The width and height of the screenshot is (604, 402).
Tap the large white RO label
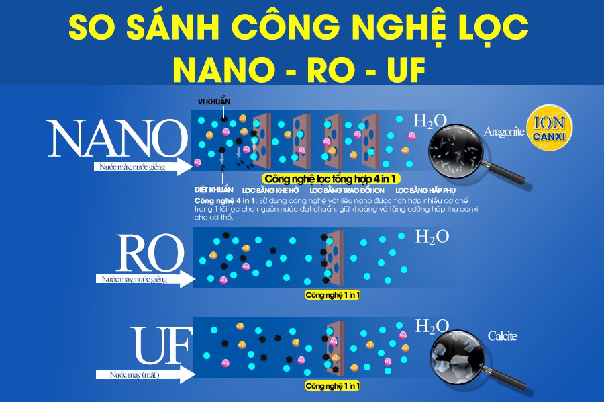150,253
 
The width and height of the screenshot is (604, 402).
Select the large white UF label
161,346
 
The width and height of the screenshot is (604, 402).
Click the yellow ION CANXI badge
549,127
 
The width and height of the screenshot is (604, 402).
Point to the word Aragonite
504,132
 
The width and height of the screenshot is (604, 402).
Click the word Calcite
502,336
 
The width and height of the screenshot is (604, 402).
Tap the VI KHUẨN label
214,102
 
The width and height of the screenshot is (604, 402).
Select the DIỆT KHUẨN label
214,190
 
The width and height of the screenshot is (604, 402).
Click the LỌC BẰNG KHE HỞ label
270,190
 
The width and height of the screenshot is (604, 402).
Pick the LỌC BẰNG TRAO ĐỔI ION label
347,190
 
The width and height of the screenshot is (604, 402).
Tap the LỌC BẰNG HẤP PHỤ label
425,190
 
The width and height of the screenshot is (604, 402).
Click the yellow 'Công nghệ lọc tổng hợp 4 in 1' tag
330,179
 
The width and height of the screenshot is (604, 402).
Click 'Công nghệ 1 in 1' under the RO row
332,295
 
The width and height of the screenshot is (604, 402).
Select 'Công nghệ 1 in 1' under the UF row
332,386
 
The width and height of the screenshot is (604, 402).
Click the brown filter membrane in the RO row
334,257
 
